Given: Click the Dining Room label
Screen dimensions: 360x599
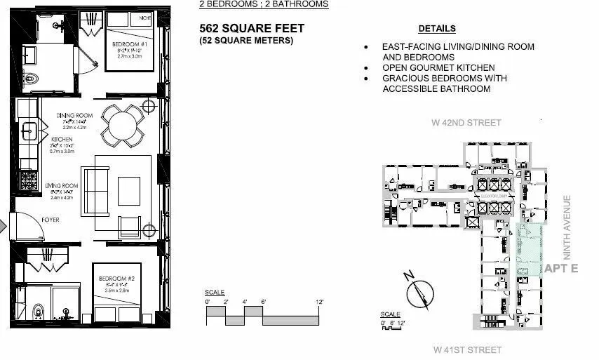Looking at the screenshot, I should coord(74,116).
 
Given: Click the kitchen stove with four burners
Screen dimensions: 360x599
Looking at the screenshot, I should coord(28,182).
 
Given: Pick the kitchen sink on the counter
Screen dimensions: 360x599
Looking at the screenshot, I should coord(28,131).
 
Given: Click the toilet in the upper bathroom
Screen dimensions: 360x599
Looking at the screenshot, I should coord(30,78).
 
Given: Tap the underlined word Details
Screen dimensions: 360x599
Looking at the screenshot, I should coord(437,29).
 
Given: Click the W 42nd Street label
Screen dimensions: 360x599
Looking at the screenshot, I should coord(466,123).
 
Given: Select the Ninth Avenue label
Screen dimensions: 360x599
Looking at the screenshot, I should coord(567,227).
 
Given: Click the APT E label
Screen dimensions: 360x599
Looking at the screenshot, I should coord(560,268).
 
